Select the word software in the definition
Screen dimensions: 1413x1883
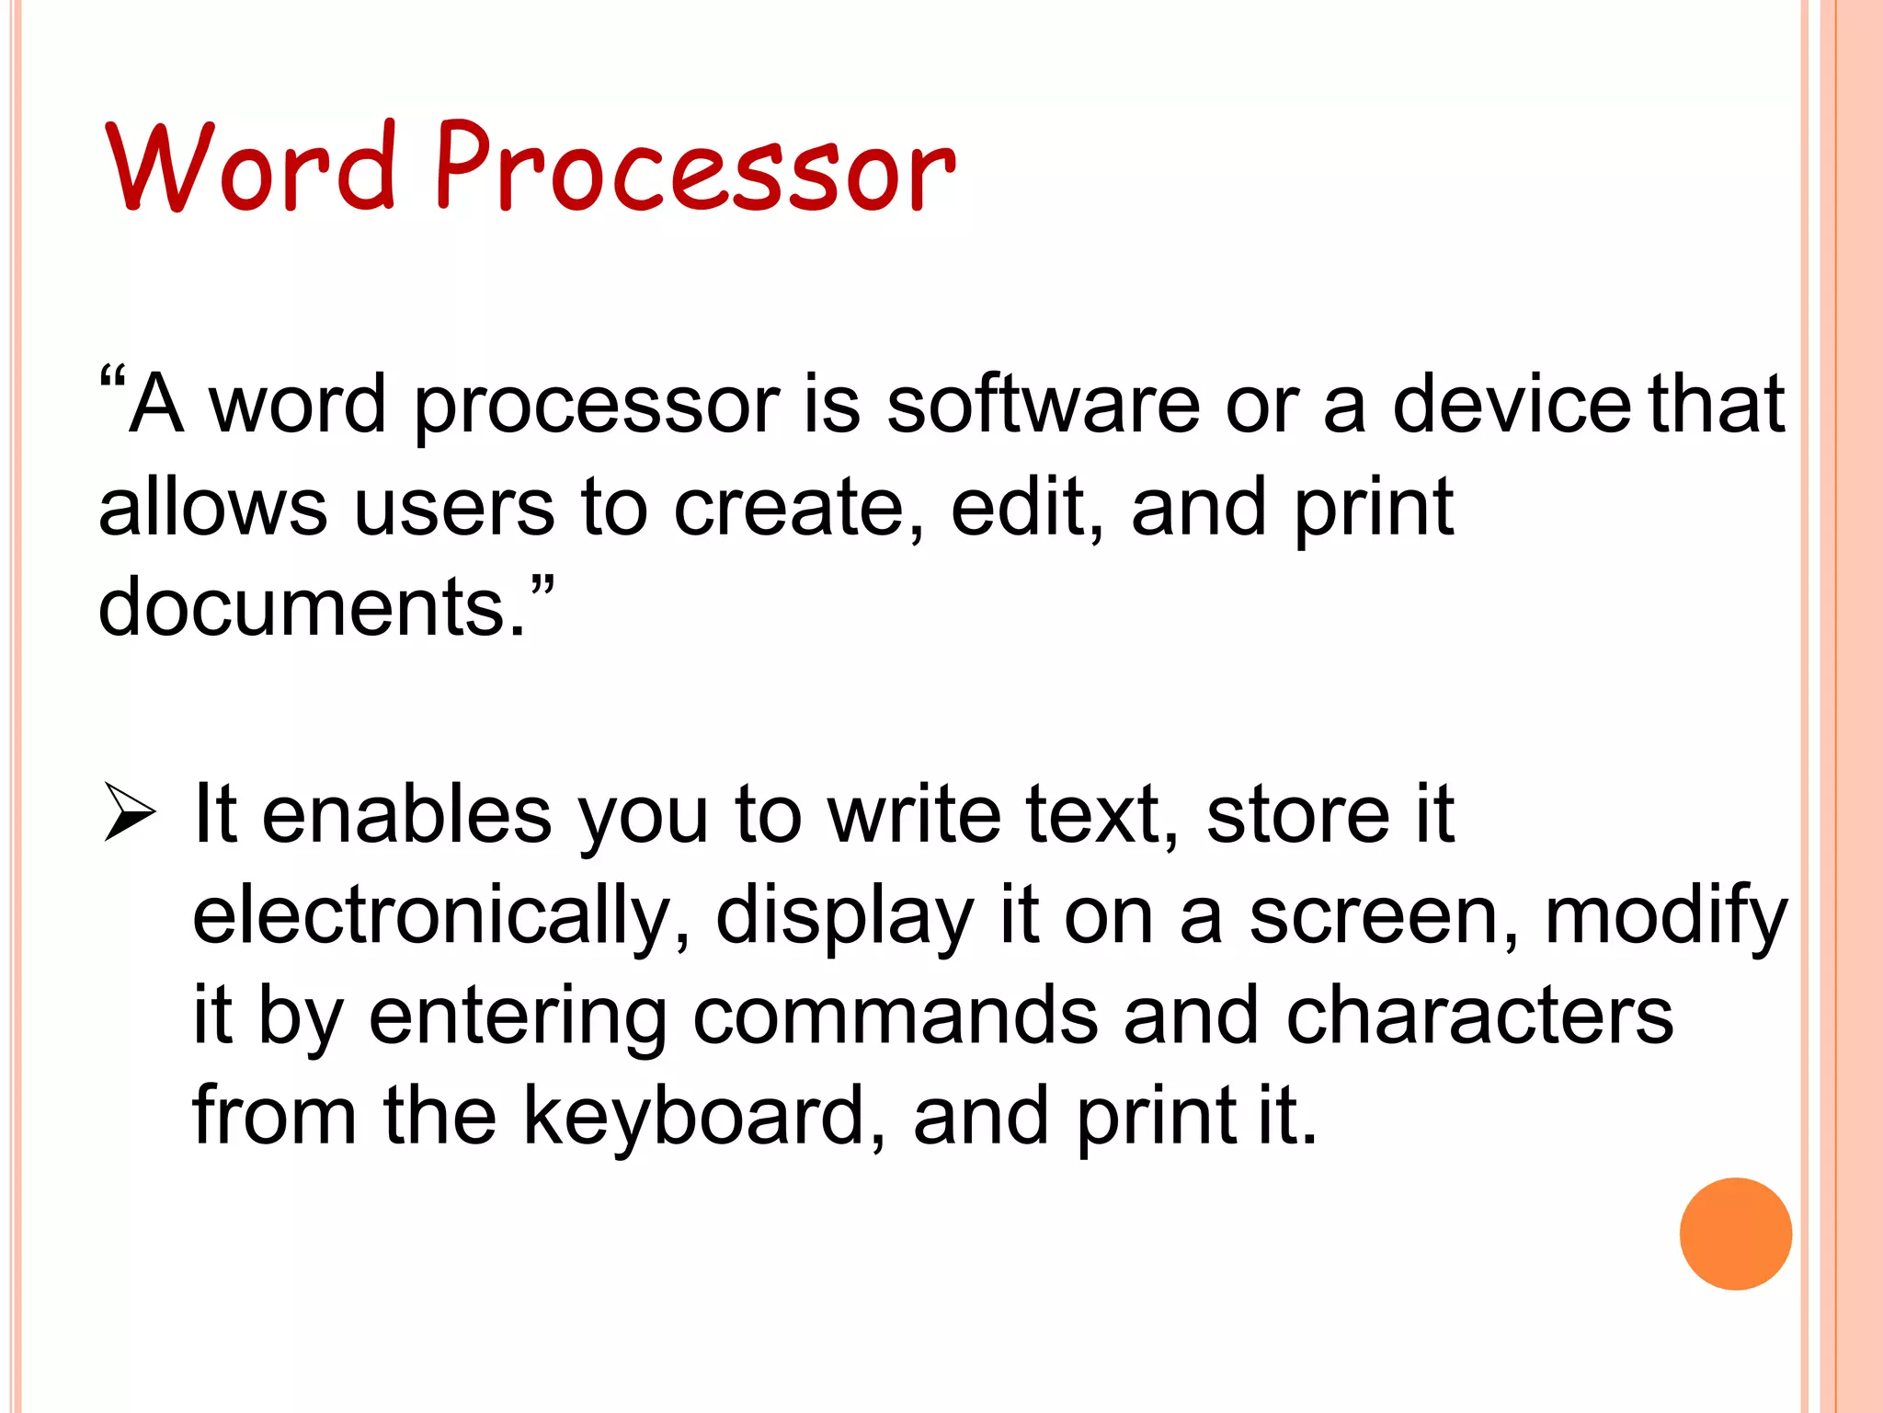pyautogui.click(x=1043, y=405)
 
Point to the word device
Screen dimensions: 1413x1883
pyautogui.click(x=1512, y=405)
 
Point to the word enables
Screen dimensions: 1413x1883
pyautogui.click(x=406, y=814)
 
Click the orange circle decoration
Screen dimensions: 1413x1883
pyautogui.click(x=1735, y=1234)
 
